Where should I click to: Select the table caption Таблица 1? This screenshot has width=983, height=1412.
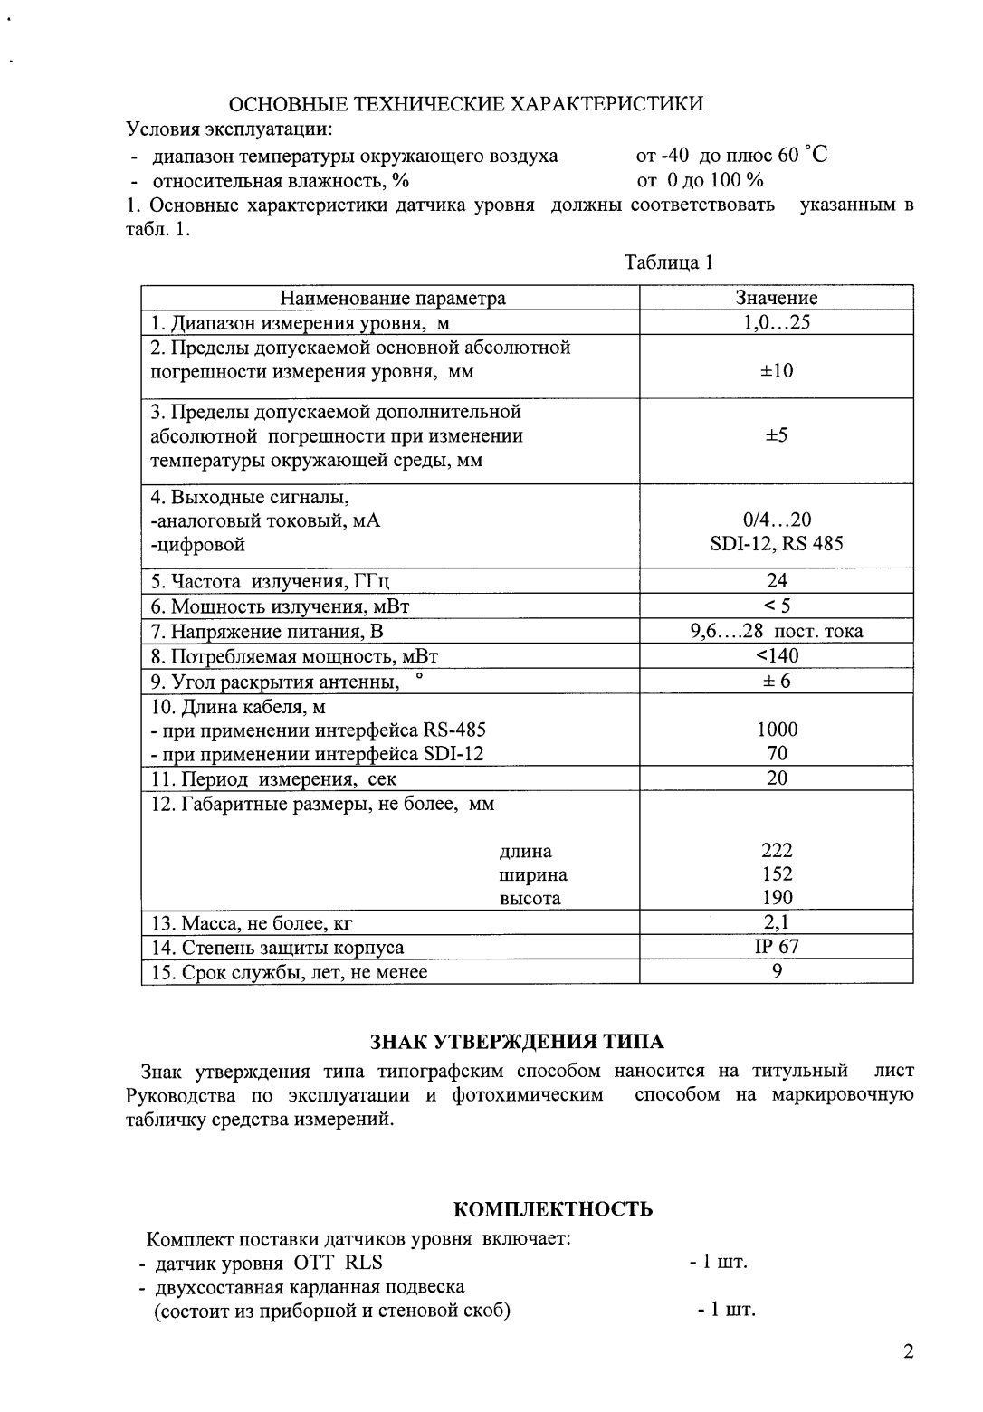coord(669,262)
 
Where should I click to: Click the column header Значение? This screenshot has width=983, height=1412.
coord(776,298)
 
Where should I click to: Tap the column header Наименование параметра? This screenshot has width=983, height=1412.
coord(392,298)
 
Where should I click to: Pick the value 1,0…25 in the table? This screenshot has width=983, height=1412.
coord(776,322)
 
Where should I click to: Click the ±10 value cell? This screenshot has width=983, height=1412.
coord(776,370)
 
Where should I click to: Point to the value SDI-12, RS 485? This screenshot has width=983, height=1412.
coord(776,544)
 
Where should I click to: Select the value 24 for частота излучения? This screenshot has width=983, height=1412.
coord(776,580)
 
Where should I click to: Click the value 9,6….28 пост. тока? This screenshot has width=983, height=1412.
coord(776,631)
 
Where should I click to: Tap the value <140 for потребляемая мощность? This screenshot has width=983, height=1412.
coord(776,655)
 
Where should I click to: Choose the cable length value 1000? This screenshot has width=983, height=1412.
coord(776,729)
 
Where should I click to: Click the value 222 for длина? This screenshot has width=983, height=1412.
coord(776,850)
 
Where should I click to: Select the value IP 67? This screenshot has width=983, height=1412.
coord(776,947)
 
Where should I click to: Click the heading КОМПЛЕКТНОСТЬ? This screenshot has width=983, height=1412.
coord(552,1209)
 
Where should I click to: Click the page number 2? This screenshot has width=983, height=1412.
coord(908,1353)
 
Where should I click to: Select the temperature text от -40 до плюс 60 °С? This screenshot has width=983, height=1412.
coord(731,155)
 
